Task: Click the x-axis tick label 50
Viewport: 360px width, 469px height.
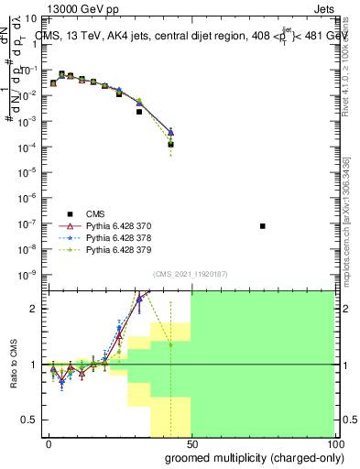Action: click(191, 442)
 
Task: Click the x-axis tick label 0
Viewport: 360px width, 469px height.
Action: click(49, 442)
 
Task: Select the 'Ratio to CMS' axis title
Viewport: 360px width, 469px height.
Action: click(13, 365)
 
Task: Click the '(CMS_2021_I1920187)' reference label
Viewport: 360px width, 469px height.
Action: click(190, 273)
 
